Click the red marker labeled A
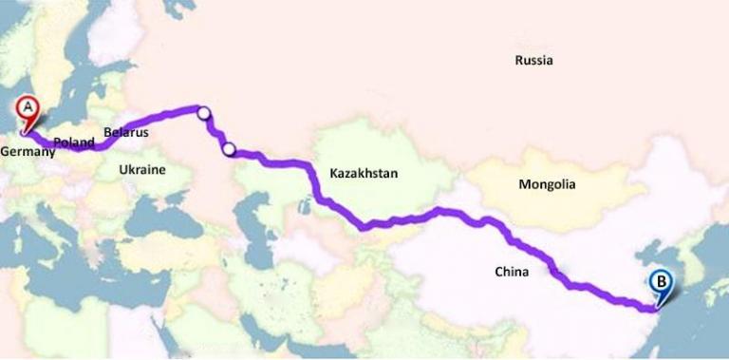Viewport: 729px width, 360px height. (28, 109)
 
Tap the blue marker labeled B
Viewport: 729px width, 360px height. (662, 282)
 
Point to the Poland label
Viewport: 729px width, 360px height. (74, 142)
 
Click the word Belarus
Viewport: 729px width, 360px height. (126, 132)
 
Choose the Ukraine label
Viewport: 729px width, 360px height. (142, 170)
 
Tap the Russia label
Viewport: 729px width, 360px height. (533, 61)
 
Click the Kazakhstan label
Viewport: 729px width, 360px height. (364, 174)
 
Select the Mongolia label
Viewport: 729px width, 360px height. (547, 185)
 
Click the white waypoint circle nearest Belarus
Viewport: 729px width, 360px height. (204, 114)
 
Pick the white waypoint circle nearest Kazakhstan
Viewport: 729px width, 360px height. (229, 148)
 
